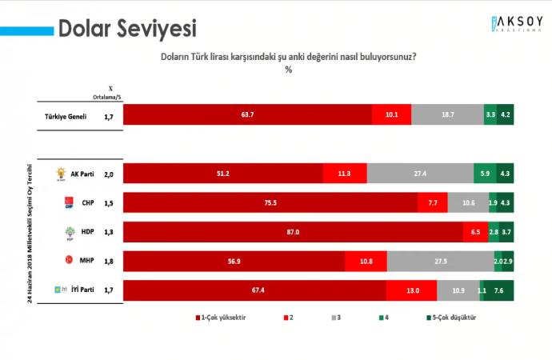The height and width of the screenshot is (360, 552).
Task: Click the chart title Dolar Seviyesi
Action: pos(127,30)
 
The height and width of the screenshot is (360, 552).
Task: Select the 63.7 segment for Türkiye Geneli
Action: pos(248,115)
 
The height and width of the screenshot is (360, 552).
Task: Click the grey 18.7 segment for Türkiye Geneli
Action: pos(447,115)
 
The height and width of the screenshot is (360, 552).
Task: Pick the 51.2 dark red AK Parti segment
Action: pos(223,174)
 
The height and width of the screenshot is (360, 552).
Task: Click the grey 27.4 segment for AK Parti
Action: pos(420,174)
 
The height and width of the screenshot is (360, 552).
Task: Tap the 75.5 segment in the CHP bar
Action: pos(270,203)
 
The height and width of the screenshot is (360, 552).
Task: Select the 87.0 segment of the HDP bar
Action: pos(293,232)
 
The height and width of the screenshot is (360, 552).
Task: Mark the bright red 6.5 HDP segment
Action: pos(475,232)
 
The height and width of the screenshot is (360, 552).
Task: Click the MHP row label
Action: pos(82,261)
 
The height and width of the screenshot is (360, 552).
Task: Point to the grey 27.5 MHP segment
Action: pos(440,261)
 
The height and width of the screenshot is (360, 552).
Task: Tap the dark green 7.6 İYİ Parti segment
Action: pos(504,290)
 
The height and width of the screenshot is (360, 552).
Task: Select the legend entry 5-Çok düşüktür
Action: pos(453,318)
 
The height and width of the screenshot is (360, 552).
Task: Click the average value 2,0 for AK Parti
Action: pos(110,174)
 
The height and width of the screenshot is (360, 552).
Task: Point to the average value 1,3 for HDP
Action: pos(110,232)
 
